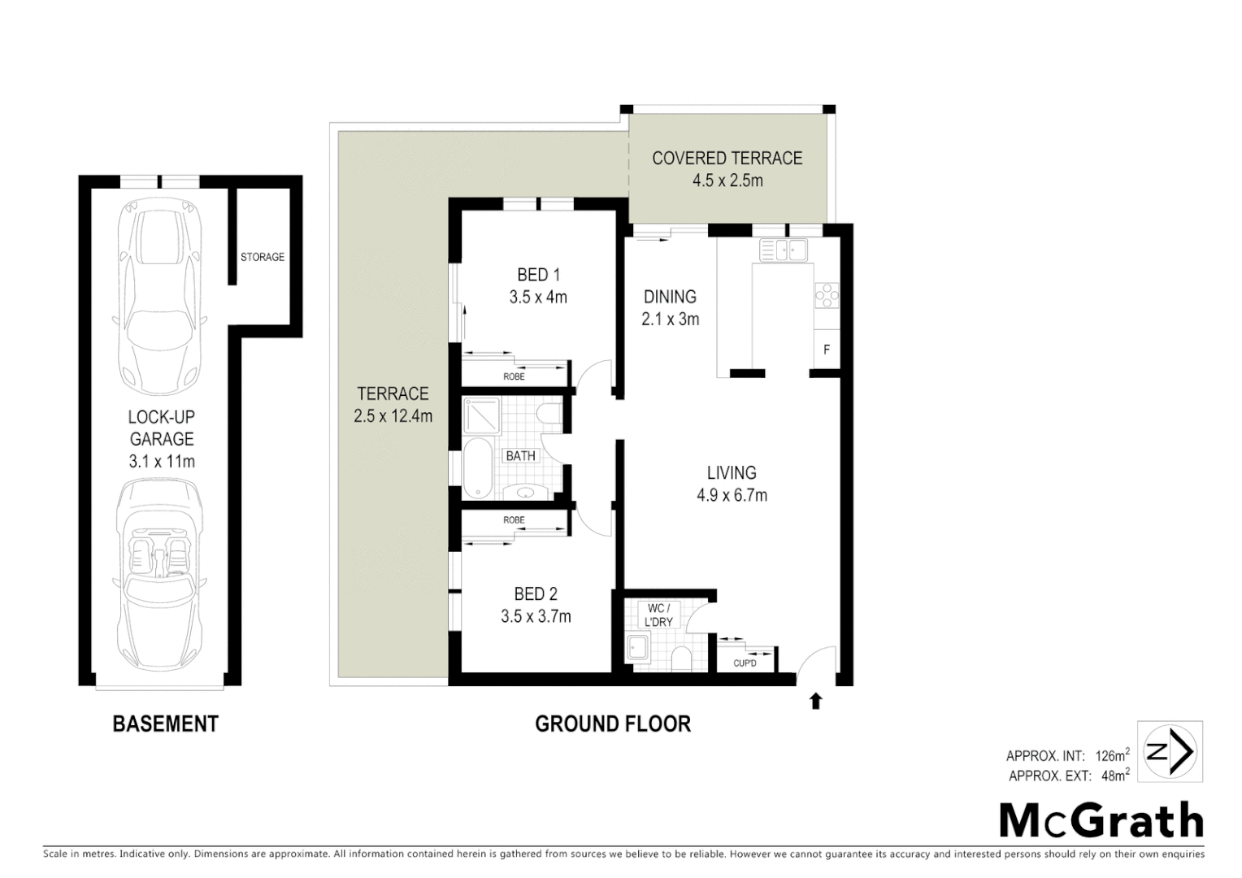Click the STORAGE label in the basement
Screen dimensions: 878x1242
click(263, 257)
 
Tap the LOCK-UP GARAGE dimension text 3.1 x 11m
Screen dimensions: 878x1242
click(162, 462)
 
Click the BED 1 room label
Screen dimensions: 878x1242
click(538, 275)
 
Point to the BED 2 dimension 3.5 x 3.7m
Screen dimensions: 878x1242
click(536, 616)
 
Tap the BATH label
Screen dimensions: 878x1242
click(520, 456)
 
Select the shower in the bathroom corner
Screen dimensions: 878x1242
click(483, 415)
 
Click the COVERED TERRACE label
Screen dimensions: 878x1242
click(727, 158)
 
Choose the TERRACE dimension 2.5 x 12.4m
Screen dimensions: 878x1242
click(393, 416)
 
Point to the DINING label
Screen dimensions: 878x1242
click(670, 297)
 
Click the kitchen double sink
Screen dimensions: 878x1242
click(783, 250)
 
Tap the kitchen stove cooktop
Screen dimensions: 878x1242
click(827, 294)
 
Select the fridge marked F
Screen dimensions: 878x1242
click(827, 350)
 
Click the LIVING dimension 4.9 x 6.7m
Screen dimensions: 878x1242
click(732, 494)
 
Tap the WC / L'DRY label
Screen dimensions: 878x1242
click(658, 615)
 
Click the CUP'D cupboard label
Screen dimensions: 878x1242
click(745, 663)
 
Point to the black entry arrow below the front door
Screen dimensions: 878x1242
click(815, 701)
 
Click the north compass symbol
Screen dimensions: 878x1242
click(1169, 752)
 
